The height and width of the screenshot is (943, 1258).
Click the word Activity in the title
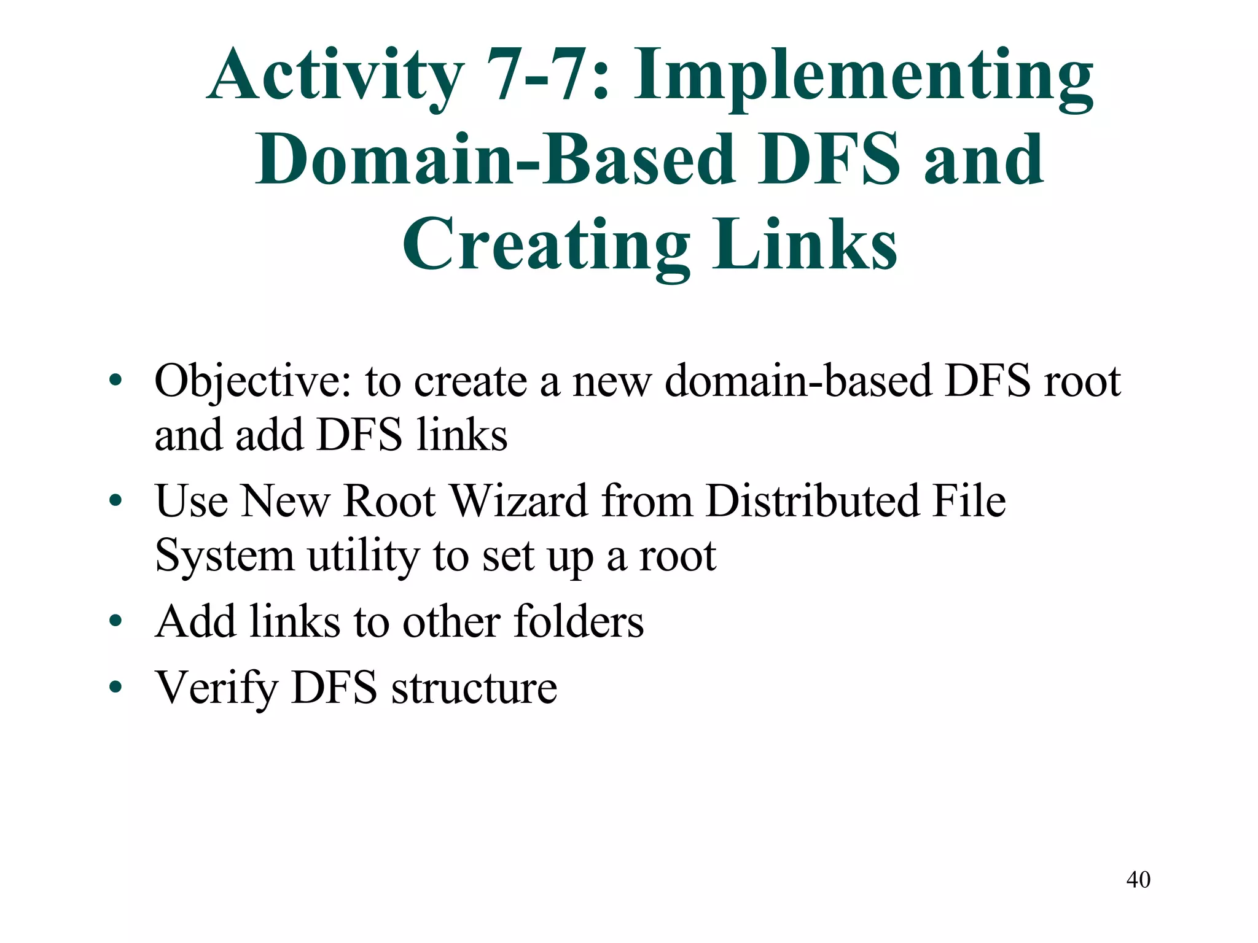[335, 77]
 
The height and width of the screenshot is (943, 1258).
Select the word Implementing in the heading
[863, 77]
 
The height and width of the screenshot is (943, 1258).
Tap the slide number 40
[1138, 880]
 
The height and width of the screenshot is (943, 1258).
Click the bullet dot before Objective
[115, 381]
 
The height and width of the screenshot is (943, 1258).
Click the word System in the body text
[224, 556]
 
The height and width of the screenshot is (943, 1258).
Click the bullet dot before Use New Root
[115, 501]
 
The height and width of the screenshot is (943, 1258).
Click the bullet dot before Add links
[115, 621]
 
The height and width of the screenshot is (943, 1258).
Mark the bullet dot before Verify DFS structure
[115, 687]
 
